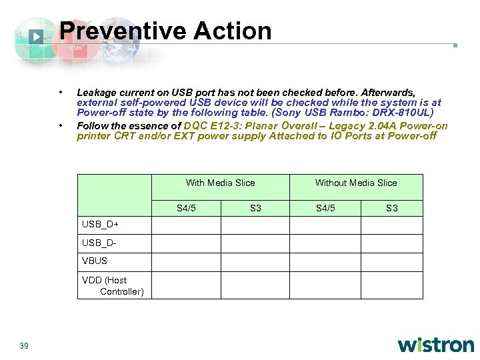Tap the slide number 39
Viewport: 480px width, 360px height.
(x=24, y=345)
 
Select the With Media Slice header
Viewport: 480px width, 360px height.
(x=220, y=183)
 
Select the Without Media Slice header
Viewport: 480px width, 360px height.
(x=355, y=183)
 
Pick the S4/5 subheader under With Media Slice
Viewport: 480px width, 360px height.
(x=186, y=209)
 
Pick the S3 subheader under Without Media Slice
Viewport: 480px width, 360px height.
(x=391, y=209)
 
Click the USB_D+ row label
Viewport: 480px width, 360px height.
(x=100, y=224)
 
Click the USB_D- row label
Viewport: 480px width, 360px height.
(x=99, y=243)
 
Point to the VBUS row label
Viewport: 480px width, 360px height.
(x=95, y=261)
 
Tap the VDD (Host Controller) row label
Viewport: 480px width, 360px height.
(x=112, y=285)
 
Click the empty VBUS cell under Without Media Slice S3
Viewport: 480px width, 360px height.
(x=391, y=261)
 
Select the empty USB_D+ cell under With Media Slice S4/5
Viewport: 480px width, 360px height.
(x=186, y=225)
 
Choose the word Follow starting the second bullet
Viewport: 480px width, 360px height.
(x=90, y=126)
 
